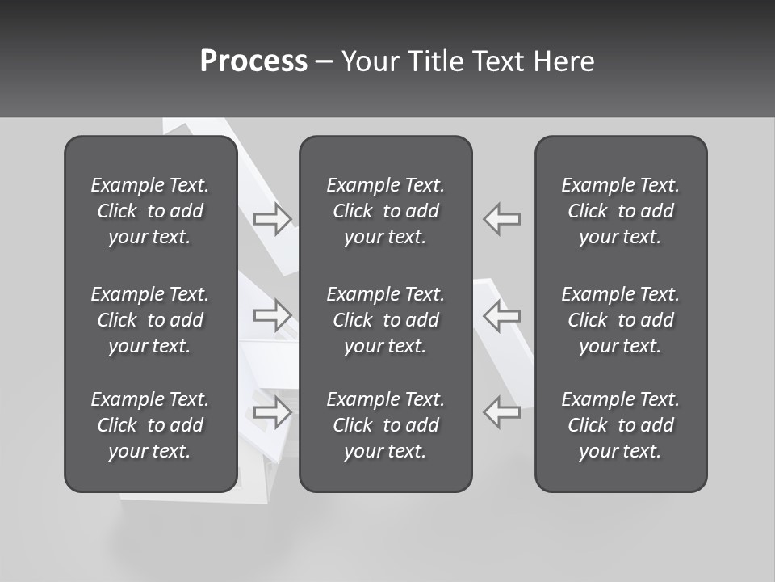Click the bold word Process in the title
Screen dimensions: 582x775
[x=253, y=61]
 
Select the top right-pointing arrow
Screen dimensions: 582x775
[x=273, y=218]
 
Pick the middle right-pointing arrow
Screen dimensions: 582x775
[x=273, y=315]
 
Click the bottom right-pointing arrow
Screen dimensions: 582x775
[x=273, y=412]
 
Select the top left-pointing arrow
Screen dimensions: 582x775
[x=502, y=218]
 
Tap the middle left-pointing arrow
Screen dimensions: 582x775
[x=502, y=315]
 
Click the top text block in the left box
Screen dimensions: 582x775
[x=150, y=211]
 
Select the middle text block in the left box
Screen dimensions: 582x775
[x=150, y=320]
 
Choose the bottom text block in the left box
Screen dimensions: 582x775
[x=150, y=425]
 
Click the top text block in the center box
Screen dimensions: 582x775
[x=385, y=211]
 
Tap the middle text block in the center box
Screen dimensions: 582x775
[x=385, y=320]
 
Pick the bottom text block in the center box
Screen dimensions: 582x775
[x=385, y=425]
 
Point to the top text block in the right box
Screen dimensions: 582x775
[x=620, y=211]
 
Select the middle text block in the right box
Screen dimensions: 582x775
[x=620, y=320]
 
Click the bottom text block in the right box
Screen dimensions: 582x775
[x=620, y=425]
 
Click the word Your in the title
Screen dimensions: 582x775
[x=367, y=61]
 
